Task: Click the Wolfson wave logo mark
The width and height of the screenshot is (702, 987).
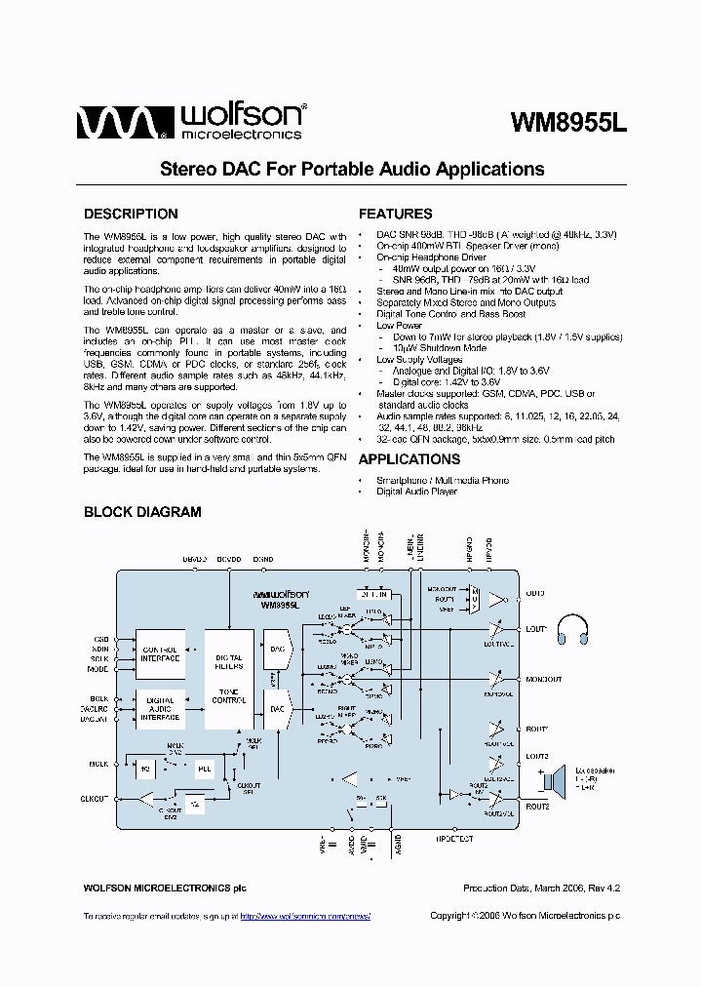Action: point(116,123)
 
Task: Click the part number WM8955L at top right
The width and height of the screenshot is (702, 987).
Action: point(569,124)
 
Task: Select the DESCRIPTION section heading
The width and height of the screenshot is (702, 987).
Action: point(131,215)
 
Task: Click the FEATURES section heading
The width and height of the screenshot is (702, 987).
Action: point(395,215)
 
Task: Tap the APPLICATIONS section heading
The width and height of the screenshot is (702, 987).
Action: point(409,459)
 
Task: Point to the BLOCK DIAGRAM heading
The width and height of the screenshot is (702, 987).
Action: point(142,512)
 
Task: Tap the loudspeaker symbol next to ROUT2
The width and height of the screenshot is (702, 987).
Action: point(557,779)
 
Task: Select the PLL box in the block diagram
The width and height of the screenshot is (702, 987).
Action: point(204,770)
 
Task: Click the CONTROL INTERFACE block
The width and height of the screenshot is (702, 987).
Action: point(160,653)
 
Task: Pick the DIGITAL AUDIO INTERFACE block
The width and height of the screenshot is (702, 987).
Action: point(160,709)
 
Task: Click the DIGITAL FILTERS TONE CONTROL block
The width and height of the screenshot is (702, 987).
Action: point(228,679)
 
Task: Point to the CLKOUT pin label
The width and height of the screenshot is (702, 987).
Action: point(96,799)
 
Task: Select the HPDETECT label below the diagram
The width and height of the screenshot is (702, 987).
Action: point(454,837)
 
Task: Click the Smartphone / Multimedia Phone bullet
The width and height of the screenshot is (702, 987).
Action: point(442,480)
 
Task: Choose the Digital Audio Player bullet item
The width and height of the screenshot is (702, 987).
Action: point(416,492)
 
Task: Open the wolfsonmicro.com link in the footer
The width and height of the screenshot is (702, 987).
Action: point(304,916)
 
